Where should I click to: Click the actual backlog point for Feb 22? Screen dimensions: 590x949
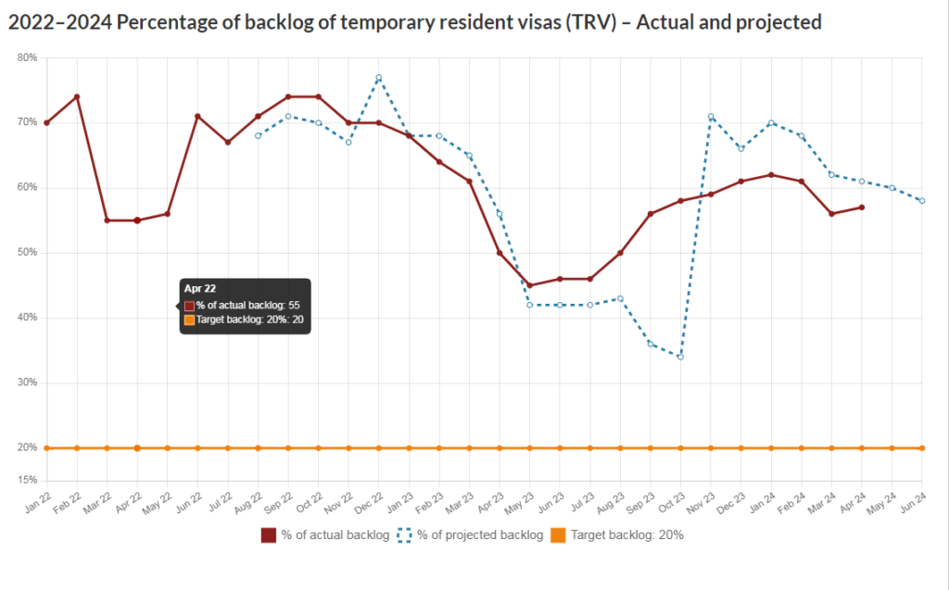click(x=77, y=96)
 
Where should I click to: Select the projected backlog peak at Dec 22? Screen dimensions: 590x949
click(x=379, y=77)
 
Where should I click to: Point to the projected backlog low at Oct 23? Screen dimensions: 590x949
click(x=680, y=357)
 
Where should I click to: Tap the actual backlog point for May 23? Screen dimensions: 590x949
click(x=529, y=285)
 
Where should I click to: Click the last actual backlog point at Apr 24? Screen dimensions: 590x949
click(x=862, y=207)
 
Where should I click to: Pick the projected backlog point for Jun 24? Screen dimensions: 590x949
click(x=922, y=201)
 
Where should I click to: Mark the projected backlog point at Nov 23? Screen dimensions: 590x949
click(x=711, y=117)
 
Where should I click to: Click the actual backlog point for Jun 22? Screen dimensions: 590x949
click(x=197, y=116)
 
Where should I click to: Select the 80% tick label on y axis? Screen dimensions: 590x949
click(x=28, y=57)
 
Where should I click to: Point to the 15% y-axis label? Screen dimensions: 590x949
click(x=28, y=480)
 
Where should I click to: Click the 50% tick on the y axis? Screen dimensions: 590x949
click(x=28, y=253)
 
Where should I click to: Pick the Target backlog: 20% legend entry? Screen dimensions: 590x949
click(x=616, y=534)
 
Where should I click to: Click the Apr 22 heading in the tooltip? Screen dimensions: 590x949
click(x=200, y=289)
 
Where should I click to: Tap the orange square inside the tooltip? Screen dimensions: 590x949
click(x=189, y=320)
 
